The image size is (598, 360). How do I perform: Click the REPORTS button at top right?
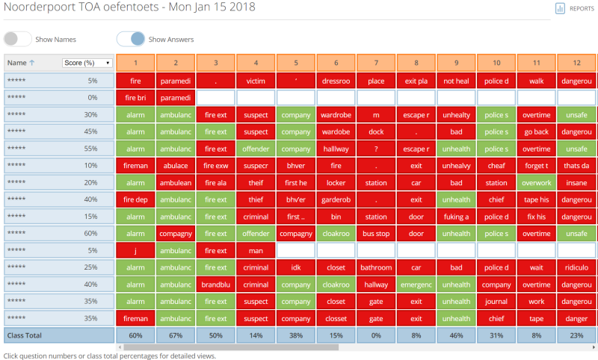pos(575,8)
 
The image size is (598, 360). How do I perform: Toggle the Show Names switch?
pos(18,40)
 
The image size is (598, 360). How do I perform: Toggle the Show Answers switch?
pos(131,40)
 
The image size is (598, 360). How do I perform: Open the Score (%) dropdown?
pos(87,63)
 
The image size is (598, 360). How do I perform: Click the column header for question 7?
pos(377,63)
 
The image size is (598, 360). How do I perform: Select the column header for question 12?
pos(576,63)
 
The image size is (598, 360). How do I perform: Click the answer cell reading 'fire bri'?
pos(135,98)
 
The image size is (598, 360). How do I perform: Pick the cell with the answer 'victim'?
pos(256,81)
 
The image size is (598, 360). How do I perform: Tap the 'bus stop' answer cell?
pos(377,233)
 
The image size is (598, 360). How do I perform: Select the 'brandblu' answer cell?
pos(216,285)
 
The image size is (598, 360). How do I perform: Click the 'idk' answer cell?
pos(296,267)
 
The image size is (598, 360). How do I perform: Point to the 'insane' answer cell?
pos(576,182)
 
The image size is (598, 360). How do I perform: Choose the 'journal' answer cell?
pos(496,302)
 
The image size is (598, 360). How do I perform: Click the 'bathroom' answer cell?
pos(377,267)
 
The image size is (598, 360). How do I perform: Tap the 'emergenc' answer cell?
pos(416,285)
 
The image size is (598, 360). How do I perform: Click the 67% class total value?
pos(176,336)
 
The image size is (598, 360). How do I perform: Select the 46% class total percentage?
pos(457,336)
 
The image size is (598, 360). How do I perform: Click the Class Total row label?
pos(27,336)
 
